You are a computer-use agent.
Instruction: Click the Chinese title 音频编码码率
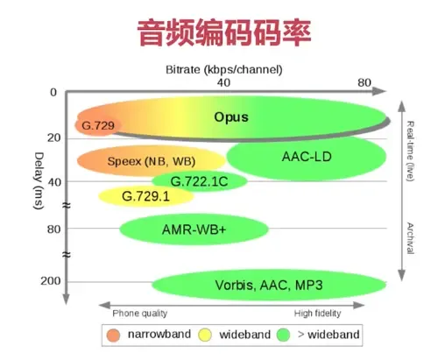pos(223,32)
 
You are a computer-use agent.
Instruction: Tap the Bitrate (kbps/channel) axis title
pos(223,68)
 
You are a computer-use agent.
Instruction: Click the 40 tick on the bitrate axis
pos(224,81)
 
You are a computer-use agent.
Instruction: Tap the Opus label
pos(231,116)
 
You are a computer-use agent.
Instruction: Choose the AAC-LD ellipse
pos(307,157)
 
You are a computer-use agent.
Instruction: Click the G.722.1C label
pos(199,181)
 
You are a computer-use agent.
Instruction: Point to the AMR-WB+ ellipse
pos(181,229)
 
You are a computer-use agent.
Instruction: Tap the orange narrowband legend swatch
pos(113,335)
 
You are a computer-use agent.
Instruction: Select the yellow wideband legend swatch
pos(204,335)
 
